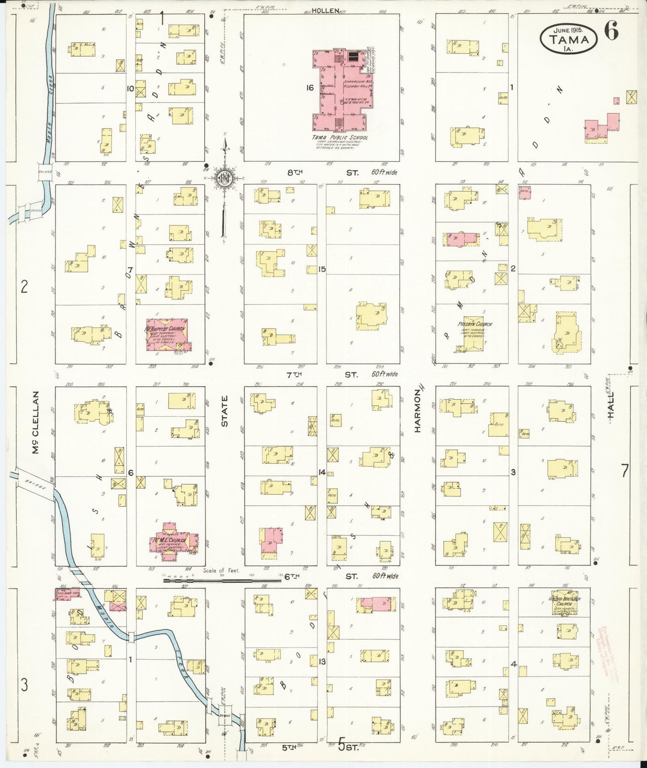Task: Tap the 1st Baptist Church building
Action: [167, 334]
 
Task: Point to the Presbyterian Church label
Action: [475, 324]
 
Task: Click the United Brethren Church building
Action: [564, 603]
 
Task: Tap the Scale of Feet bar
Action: [221, 580]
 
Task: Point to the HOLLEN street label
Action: [325, 11]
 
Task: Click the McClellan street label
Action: [36, 422]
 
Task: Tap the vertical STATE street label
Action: [224, 410]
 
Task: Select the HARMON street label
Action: [417, 410]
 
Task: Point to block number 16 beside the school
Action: [309, 87]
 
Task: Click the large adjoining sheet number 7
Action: [624, 470]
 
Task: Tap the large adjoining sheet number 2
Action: [25, 286]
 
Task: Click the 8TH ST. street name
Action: [322, 172]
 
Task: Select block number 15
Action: [321, 269]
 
